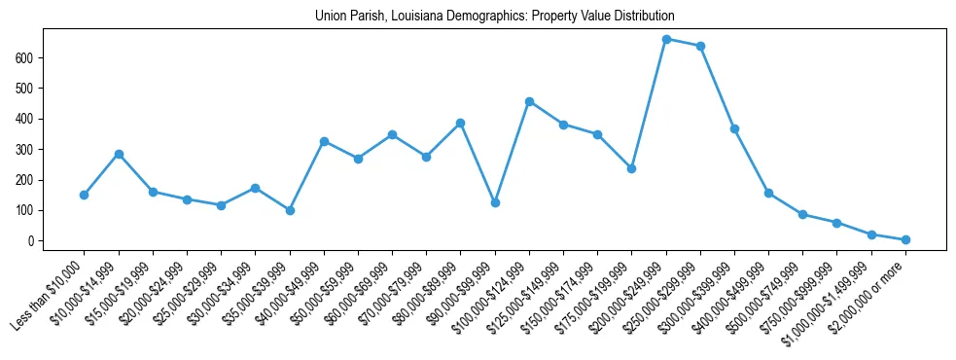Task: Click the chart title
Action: pos(495,17)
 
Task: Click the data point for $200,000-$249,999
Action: pos(666,40)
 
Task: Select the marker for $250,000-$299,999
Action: pos(700,46)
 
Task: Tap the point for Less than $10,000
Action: pos(85,195)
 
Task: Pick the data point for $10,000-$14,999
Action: pos(119,154)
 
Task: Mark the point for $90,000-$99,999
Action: pos(495,202)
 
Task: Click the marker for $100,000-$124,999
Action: pos(529,101)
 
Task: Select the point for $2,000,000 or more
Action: pos(905,239)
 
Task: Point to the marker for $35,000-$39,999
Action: pos(290,210)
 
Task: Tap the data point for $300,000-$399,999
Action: pos(734,128)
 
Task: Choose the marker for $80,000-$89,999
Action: pos(461,124)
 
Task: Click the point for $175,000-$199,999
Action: pos(632,168)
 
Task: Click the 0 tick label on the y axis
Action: pos(33,241)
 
